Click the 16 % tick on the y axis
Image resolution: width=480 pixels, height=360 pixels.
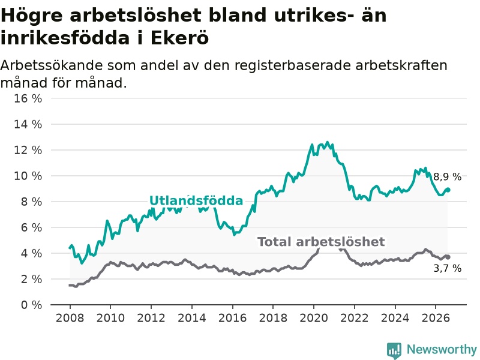28,98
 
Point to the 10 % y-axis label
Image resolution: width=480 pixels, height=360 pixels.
28,176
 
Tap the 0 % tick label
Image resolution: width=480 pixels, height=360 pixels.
32,305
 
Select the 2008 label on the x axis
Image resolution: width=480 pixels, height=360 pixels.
70,318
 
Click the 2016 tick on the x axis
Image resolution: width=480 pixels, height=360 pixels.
232,318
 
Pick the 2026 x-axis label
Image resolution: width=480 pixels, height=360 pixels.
436,318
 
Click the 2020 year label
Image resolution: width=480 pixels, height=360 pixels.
314,318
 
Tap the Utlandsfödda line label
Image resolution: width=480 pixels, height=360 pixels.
196,200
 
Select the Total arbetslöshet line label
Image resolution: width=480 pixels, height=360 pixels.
321,242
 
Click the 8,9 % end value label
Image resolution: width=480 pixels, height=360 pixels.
447,176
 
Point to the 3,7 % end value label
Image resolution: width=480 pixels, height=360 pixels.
447,268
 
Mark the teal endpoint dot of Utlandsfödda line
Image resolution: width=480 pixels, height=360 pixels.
448,190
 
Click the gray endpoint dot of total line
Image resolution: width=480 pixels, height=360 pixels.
448,257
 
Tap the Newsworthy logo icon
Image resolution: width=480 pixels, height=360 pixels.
394,350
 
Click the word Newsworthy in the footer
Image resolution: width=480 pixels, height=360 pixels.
442,349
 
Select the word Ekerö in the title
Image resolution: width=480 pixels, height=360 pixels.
180,38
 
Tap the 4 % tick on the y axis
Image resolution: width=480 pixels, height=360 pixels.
32,253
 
